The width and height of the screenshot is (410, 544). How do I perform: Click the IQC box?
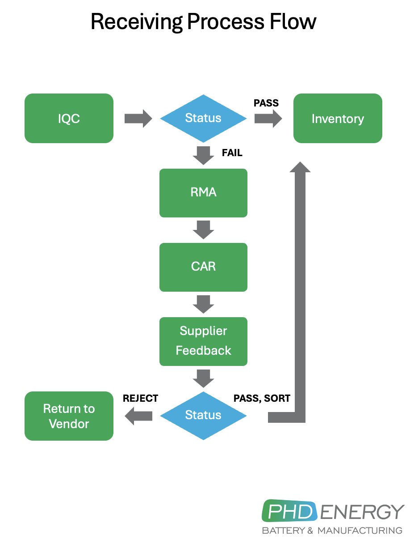[69, 119]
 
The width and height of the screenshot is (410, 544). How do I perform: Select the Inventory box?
[338, 119]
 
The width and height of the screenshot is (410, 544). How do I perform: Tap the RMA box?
[203, 193]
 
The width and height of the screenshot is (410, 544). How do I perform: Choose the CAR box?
[203, 267]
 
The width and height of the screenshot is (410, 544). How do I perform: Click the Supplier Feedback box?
[203, 341]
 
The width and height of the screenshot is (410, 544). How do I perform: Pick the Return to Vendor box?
[69, 416]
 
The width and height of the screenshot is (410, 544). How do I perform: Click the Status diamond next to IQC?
[203, 119]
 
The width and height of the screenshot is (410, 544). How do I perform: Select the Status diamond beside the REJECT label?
[203, 416]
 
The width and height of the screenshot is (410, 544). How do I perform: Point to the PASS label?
[266, 103]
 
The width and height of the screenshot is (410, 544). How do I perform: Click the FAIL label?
[232, 153]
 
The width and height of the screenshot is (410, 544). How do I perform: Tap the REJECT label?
[140, 398]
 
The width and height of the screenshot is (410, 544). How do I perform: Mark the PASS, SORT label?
[262, 398]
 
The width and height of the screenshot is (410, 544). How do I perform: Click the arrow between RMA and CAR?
[203, 229]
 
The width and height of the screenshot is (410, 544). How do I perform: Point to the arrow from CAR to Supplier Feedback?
[203, 304]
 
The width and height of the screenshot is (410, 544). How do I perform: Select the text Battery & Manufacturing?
[332, 531]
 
